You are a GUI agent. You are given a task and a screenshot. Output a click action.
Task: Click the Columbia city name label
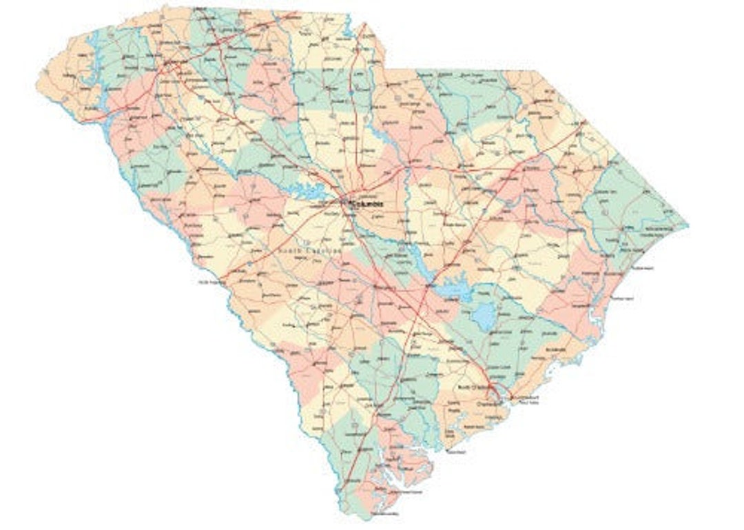(366, 205)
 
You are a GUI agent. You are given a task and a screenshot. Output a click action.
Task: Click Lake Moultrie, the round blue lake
(484, 316)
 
